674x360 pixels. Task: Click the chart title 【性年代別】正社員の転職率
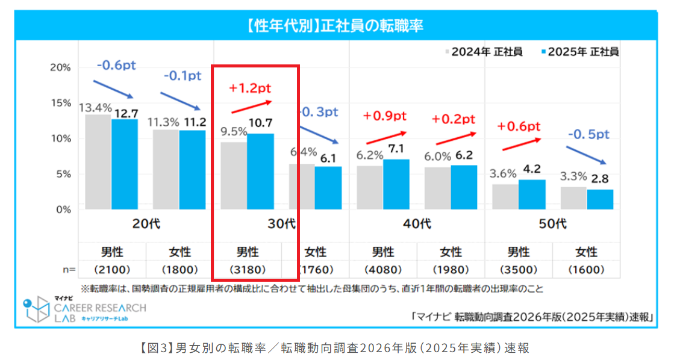pyautogui.click(x=337, y=26)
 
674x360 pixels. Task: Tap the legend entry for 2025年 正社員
pyautogui.click(x=579, y=52)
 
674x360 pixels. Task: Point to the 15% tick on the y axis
pyautogui.click(x=60, y=103)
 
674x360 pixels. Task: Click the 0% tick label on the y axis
pyautogui.click(x=63, y=209)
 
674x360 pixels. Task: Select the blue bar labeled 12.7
pyautogui.click(x=124, y=164)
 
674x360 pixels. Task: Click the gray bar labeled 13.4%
pyautogui.click(x=98, y=162)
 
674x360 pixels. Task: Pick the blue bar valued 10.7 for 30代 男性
pyautogui.click(x=260, y=172)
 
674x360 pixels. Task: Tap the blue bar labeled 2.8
pyautogui.click(x=600, y=200)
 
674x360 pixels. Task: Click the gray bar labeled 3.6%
pyautogui.click(x=505, y=197)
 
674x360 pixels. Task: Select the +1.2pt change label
pyautogui.click(x=250, y=88)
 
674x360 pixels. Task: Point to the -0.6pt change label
pyautogui.click(x=115, y=65)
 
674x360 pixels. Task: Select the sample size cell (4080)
pyautogui.click(x=383, y=269)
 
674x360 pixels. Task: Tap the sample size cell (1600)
pyautogui.click(x=586, y=269)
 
